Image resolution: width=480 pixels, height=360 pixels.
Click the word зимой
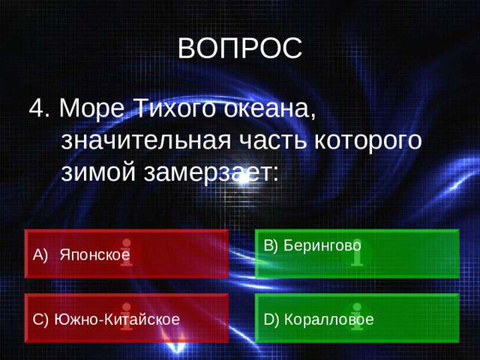click(100, 172)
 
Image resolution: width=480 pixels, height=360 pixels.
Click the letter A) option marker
click(40, 256)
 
